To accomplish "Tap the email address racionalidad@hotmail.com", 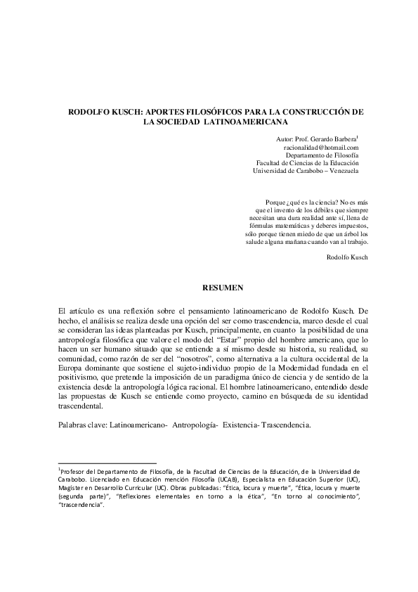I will pos(321,148).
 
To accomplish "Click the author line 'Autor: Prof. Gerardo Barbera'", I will pos(317,139).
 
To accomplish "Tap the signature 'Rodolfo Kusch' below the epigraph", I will pos(348,257).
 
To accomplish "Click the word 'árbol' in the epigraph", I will pos(342,233).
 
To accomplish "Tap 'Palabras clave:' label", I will pos(83,425).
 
